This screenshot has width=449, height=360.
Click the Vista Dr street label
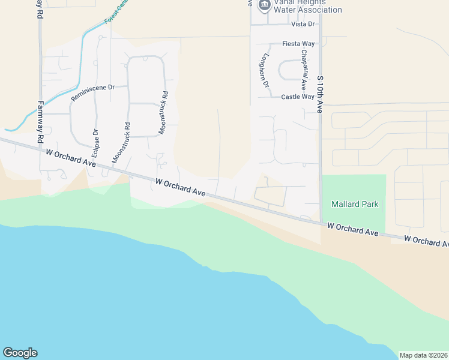click(x=303, y=24)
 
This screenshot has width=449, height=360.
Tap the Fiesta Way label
click(x=299, y=44)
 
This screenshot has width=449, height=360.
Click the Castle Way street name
click(x=298, y=97)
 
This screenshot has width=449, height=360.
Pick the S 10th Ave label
click(x=320, y=95)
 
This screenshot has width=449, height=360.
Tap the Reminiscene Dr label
click(x=92, y=92)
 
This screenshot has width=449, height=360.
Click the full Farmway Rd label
click(x=41, y=121)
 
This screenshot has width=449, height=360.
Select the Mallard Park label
click(x=355, y=204)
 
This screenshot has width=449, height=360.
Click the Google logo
click(x=20, y=353)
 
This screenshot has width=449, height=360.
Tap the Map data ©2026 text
click(x=423, y=355)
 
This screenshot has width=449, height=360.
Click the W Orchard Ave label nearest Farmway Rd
click(x=71, y=158)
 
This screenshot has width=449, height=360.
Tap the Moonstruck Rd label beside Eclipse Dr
click(x=120, y=143)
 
